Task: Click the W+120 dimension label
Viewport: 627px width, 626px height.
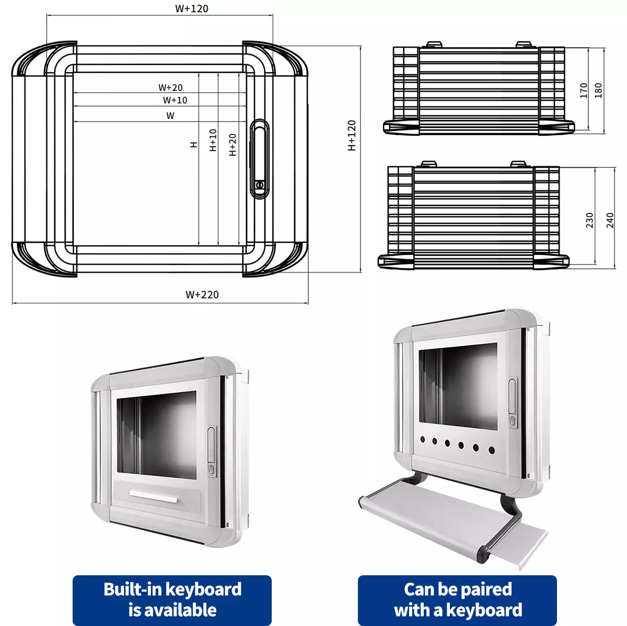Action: pyautogui.click(x=192, y=8)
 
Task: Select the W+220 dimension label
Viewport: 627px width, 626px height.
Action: pyautogui.click(x=202, y=294)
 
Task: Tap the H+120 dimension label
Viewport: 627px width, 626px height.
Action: pyautogui.click(x=352, y=135)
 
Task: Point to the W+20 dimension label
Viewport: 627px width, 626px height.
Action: pyautogui.click(x=171, y=87)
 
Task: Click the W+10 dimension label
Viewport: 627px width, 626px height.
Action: pyautogui.click(x=175, y=100)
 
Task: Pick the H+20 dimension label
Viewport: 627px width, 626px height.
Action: pyautogui.click(x=233, y=144)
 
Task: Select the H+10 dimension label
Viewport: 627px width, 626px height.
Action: pyautogui.click(x=213, y=140)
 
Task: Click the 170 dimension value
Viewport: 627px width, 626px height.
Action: pyautogui.click(x=584, y=90)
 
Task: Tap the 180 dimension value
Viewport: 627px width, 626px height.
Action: pyautogui.click(x=599, y=90)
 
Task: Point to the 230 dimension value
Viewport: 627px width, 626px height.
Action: pyautogui.click(x=590, y=220)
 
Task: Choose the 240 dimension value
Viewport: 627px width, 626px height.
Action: pyautogui.click(x=610, y=220)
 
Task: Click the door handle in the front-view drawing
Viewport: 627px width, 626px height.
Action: pyautogui.click(x=260, y=158)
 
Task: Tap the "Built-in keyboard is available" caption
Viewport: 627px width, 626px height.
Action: pyautogui.click(x=172, y=600)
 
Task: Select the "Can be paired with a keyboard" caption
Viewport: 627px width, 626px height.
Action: pyautogui.click(x=457, y=600)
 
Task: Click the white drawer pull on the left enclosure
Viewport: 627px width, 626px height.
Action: pyautogui.click(x=154, y=497)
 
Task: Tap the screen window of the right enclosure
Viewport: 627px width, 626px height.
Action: pyautogui.click(x=458, y=386)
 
